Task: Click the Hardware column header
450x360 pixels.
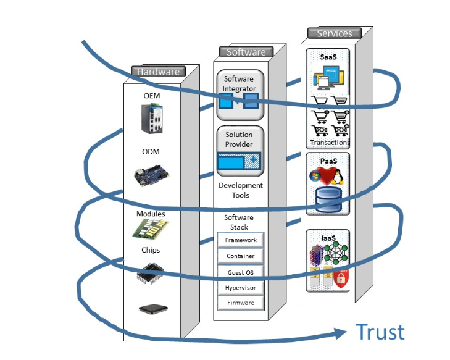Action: point(158,72)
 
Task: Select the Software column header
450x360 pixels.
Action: point(246,52)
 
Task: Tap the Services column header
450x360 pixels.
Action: point(334,33)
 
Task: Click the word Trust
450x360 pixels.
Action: point(380,332)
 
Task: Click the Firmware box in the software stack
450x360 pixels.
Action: point(240,303)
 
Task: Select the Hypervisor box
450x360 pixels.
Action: point(240,288)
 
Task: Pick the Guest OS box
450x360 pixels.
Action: point(240,272)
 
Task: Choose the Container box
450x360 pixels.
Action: point(240,256)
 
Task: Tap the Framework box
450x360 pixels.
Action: point(240,240)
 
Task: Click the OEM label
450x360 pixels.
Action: point(152,96)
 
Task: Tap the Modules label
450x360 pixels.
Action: point(151,214)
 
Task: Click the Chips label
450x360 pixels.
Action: point(151,250)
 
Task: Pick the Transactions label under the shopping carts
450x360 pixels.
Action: point(330,143)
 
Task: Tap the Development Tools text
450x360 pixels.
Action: point(240,190)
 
